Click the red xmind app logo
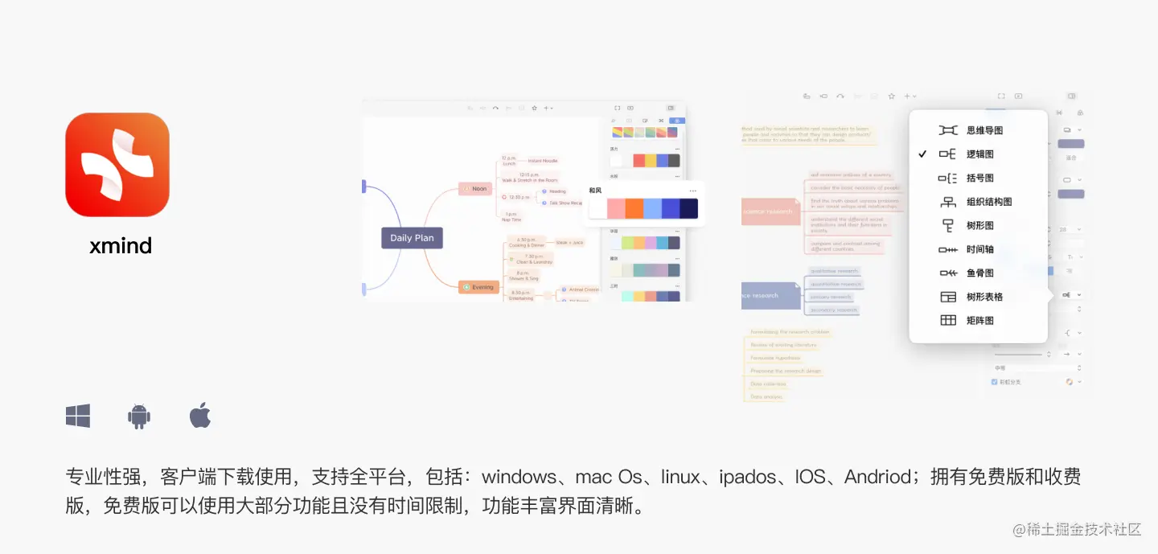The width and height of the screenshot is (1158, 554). pyautogui.click(x=117, y=165)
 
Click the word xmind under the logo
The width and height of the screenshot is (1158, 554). pyautogui.click(x=121, y=246)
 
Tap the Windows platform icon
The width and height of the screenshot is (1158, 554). pyautogui.click(x=78, y=416)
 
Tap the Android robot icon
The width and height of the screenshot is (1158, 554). pyautogui.click(x=139, y=416)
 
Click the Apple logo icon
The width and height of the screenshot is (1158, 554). pyautogui.click(x=200, y=415)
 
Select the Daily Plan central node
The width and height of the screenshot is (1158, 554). pyautogui.click(x=412, y=238)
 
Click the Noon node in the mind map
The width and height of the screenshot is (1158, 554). pyautogui.click(x=475, y=189)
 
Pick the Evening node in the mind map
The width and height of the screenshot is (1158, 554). pyautogui.click(x=478, y=287)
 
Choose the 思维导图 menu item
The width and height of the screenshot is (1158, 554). pyautogui.click(x=984, y=130)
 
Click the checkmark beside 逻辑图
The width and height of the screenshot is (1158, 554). pyautogui.click(x=922, y=154)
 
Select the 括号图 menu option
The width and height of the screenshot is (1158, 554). pyautogui.click(x=979, y=178)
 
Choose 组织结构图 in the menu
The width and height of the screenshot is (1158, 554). pyautogui.click(x=989, y=202)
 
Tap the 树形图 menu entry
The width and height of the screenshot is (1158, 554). pyautogui.click(x=979, y=226)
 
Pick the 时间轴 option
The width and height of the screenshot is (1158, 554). pyautogui.click(x=979, y=249)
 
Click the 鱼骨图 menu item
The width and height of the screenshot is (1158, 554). pyautogui.click(x=979, y=273)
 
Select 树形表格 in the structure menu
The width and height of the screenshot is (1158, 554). pyautogui.click(x=984, y=297)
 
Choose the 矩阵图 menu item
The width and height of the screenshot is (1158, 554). pyautogui.click(x=979, y=321)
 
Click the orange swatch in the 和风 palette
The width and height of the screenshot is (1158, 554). pyautogui.click(x=634, y=209)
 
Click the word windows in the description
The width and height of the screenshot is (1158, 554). pyautogui.click(x=519, y=477)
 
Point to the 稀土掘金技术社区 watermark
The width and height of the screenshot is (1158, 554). pyautogui.click(x=1077, y=529)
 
